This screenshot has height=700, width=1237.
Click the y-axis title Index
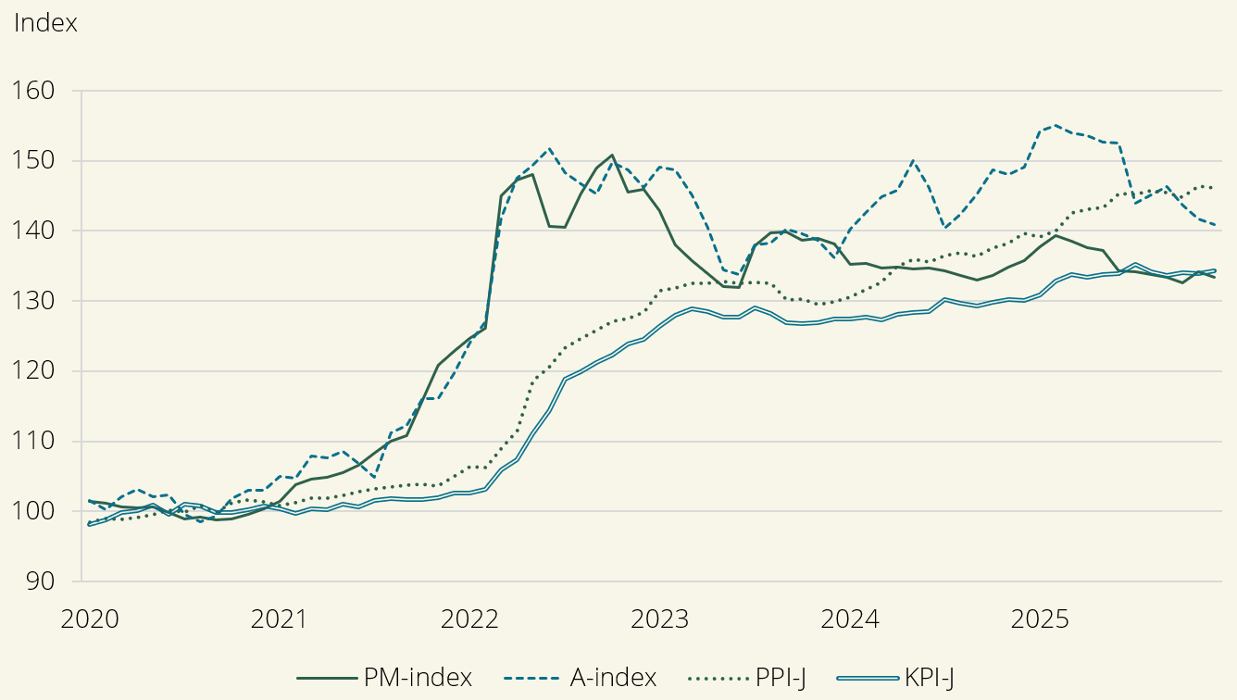[x=45, y=24]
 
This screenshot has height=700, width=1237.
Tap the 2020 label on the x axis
[x=90, y=619]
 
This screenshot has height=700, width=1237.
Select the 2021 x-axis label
[x=280, y=619]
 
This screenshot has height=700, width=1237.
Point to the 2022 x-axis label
[x=469, y=619]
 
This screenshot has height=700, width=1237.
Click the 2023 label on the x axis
[x=660, y=619]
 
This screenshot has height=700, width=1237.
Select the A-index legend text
[x=612, y=678]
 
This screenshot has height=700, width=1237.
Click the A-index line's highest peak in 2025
[x=1056, y=125]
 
